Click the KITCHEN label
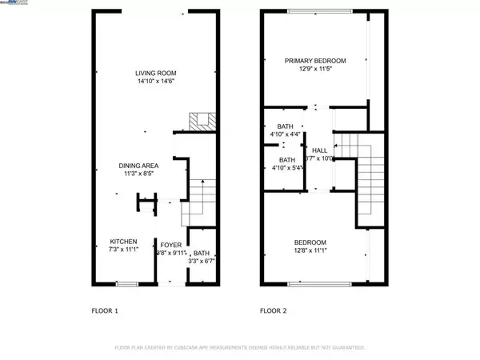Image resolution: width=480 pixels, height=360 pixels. (123, 242)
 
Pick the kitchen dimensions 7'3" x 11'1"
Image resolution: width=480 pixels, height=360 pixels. (123, 250)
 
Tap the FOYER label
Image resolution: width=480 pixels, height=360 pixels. (170, 245)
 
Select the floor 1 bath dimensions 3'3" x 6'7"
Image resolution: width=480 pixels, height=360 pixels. (201, 260)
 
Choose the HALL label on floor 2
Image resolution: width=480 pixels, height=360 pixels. (320, 150)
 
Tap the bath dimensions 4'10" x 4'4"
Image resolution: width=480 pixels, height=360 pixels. (286, 134)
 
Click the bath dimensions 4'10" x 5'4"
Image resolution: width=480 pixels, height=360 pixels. (286, 168)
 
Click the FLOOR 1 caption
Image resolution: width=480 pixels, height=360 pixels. (105, 310)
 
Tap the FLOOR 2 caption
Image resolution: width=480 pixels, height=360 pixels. (274, 310)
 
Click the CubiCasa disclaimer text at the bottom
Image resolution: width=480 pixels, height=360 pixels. (240, 348)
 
